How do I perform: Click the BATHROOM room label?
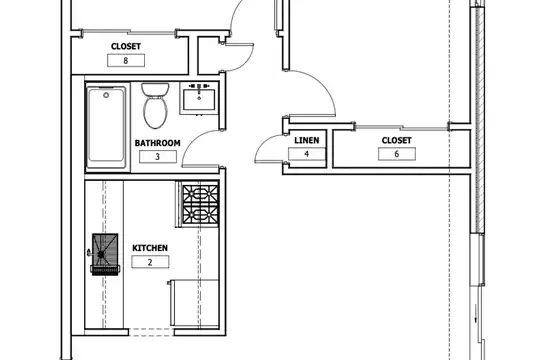(x=157, y=143)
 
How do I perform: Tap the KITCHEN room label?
(x=150, y=248)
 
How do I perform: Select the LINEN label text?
(x=307, y=140)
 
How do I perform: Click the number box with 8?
(x=126, y=61)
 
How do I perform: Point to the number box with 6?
(x=397, y=154)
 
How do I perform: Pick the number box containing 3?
(x=158, y=157)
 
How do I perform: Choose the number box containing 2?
(x=150, y=262)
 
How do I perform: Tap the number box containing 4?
(x=307, y=154)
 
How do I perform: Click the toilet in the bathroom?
(x=155, y=105)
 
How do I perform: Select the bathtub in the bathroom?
(x=106, y=128)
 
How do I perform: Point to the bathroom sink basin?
(x=199, y=100)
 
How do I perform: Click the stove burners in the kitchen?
(x=200, y=205)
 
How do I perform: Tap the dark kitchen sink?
(x=105, y=254)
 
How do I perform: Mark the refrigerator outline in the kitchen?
(x=194, y=303)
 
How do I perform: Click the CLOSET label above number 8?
(x=126, y=46)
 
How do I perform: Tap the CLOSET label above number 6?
(x=396, y=140)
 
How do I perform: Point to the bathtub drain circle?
(x=106, y=95)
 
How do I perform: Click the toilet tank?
(x=155, y=89)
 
